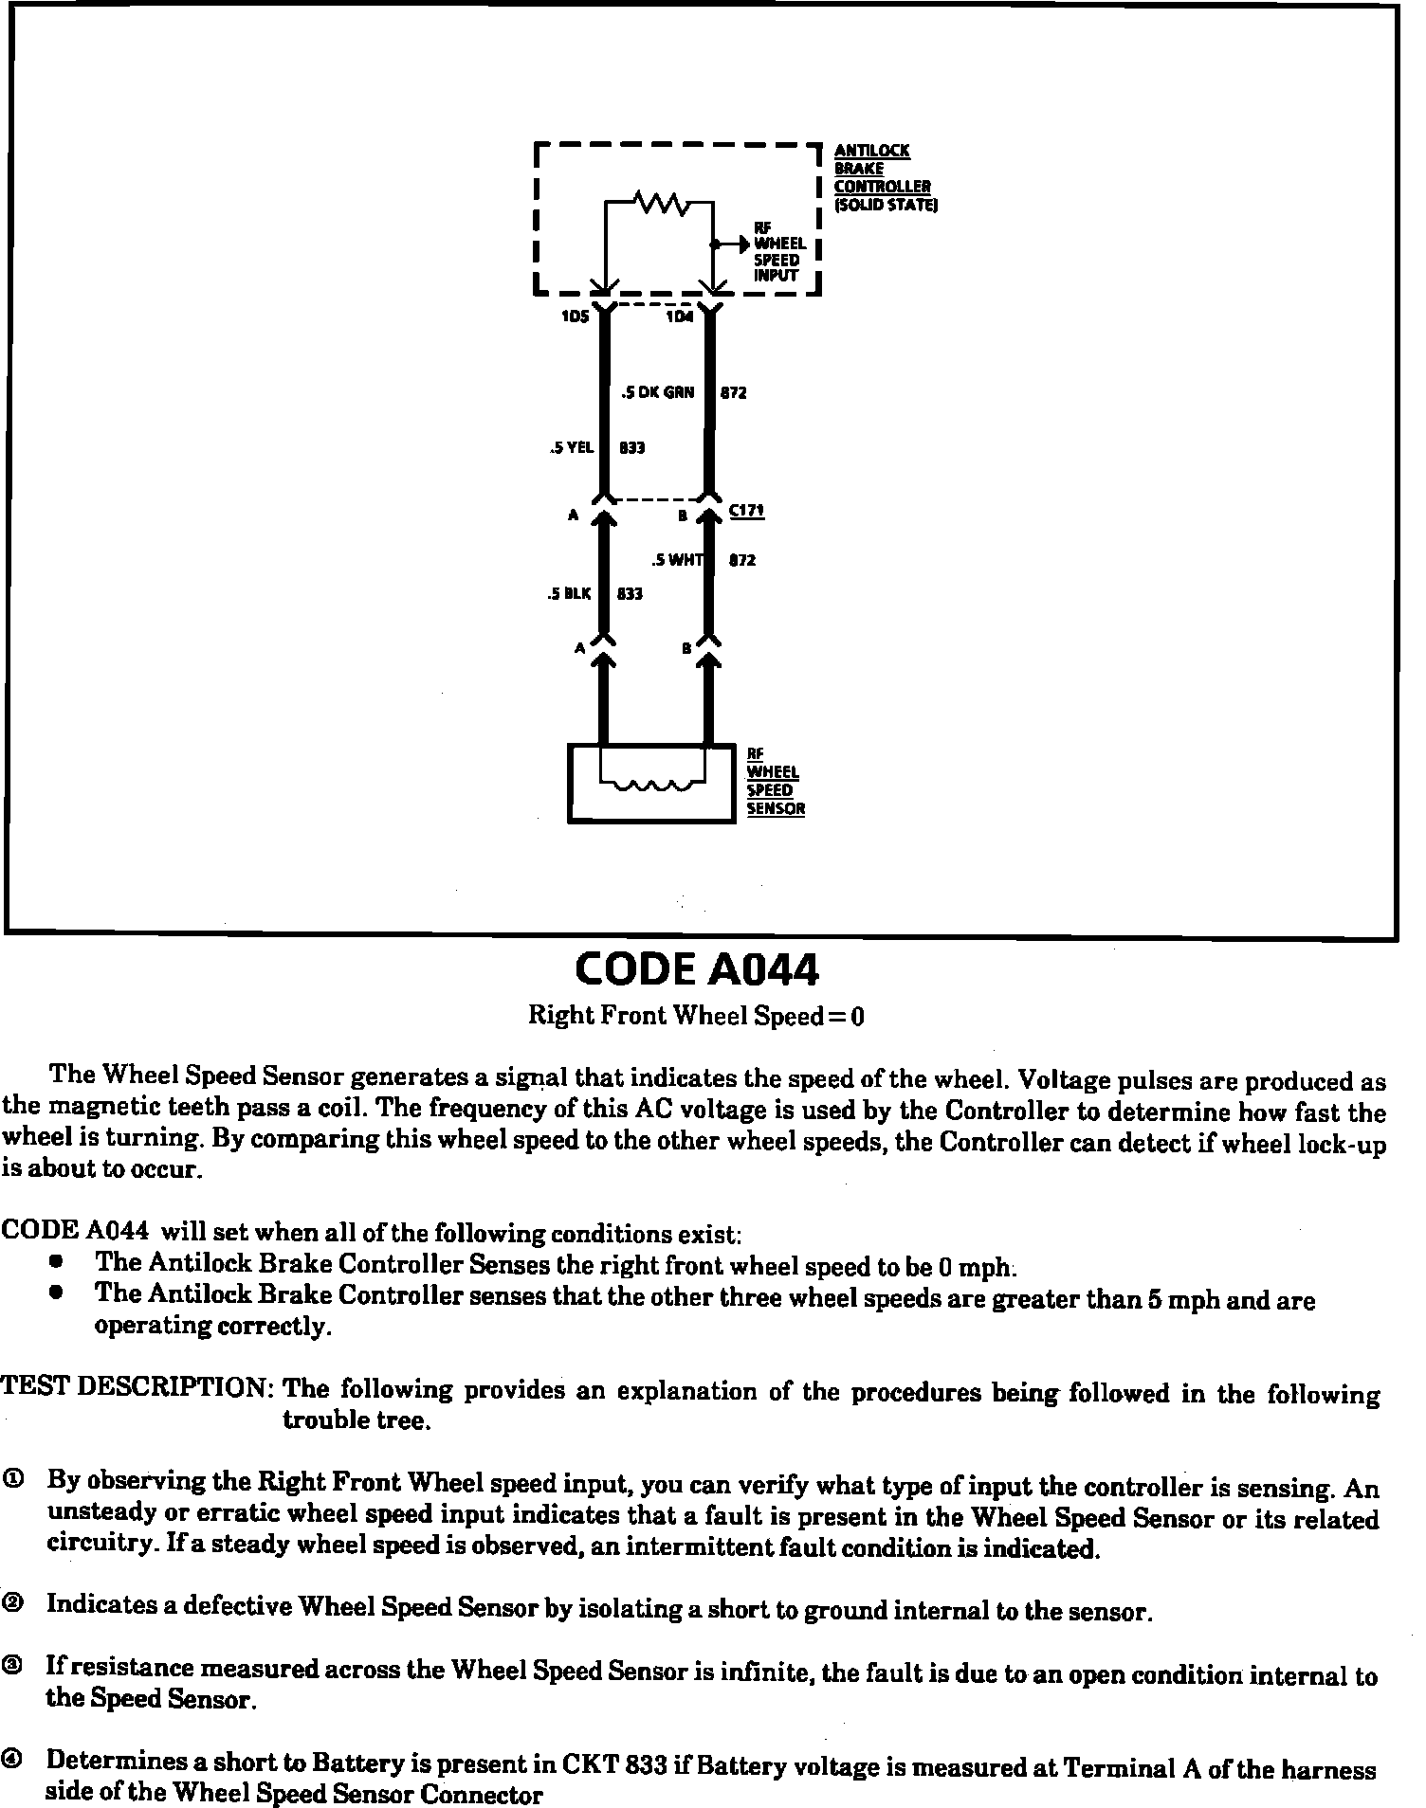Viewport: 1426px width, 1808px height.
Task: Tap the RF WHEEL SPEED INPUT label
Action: [x=778, y=251]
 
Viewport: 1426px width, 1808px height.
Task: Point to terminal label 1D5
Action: [x=575, y=316]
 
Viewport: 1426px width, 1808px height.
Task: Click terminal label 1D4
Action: [x=679, y=316]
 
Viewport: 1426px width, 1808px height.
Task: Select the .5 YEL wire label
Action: [x=572, y=447]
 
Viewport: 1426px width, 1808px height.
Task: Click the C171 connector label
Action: [x=746, y=511]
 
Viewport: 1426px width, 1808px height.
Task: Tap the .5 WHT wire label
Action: [x=679, y=560]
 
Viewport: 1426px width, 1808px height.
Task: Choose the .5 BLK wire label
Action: [x=569, y=594]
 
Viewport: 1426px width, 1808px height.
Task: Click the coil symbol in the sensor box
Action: [x=652, y=786]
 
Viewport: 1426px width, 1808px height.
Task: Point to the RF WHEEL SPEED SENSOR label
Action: [x=775, y=782]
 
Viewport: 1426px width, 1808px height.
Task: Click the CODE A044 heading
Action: [x=697, y=968]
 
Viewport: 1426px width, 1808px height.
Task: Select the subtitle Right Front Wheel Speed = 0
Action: [x=697, y=1017]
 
